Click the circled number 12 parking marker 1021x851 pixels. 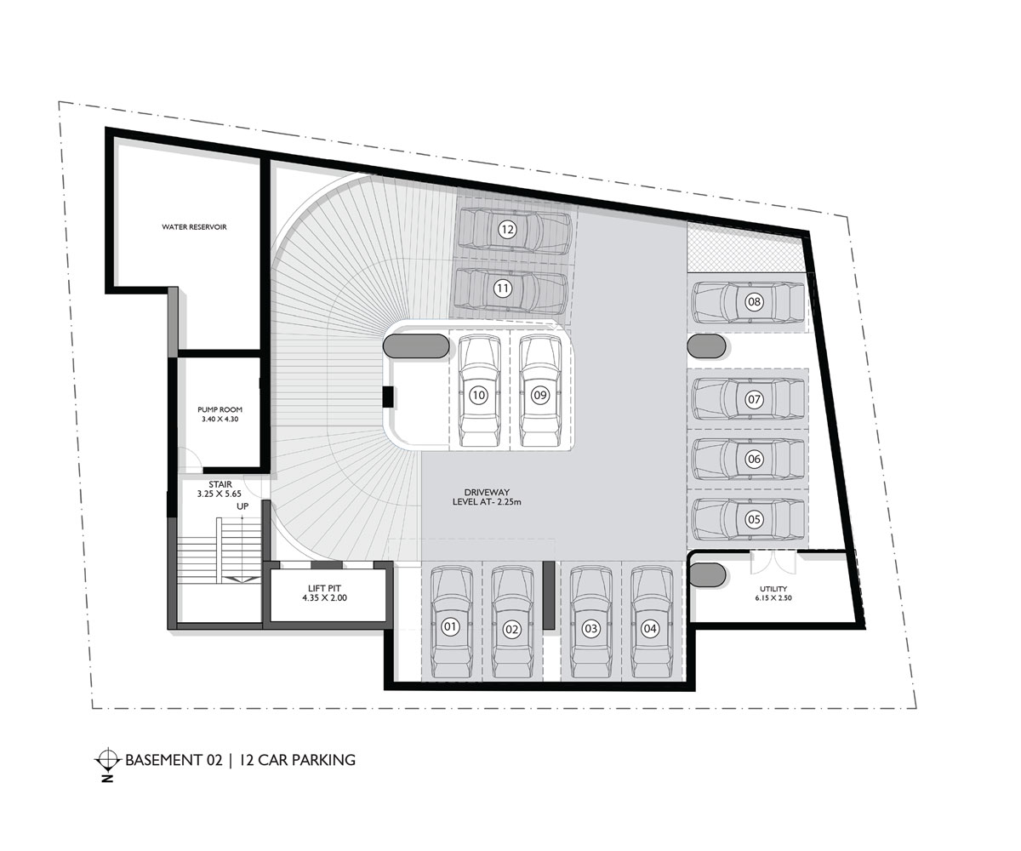pos(507,229)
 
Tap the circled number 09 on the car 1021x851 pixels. pos(540,395)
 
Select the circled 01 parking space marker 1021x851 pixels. pos(451,628)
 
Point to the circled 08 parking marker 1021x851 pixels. pos(754,301)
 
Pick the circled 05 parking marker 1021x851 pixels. pos(754,518)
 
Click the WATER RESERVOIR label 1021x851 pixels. pos(194,227)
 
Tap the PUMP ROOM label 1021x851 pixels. pos(219,409)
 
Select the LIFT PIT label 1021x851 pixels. pos(325,588)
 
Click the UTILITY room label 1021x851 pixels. pos(773,589)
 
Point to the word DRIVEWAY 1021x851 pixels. pos(487,493)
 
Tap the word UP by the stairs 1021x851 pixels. pos(242,507)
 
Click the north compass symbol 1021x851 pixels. pos(107,759)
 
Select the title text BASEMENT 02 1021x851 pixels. pos(174,759)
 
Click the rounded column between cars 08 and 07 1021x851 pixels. pos(705,346)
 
